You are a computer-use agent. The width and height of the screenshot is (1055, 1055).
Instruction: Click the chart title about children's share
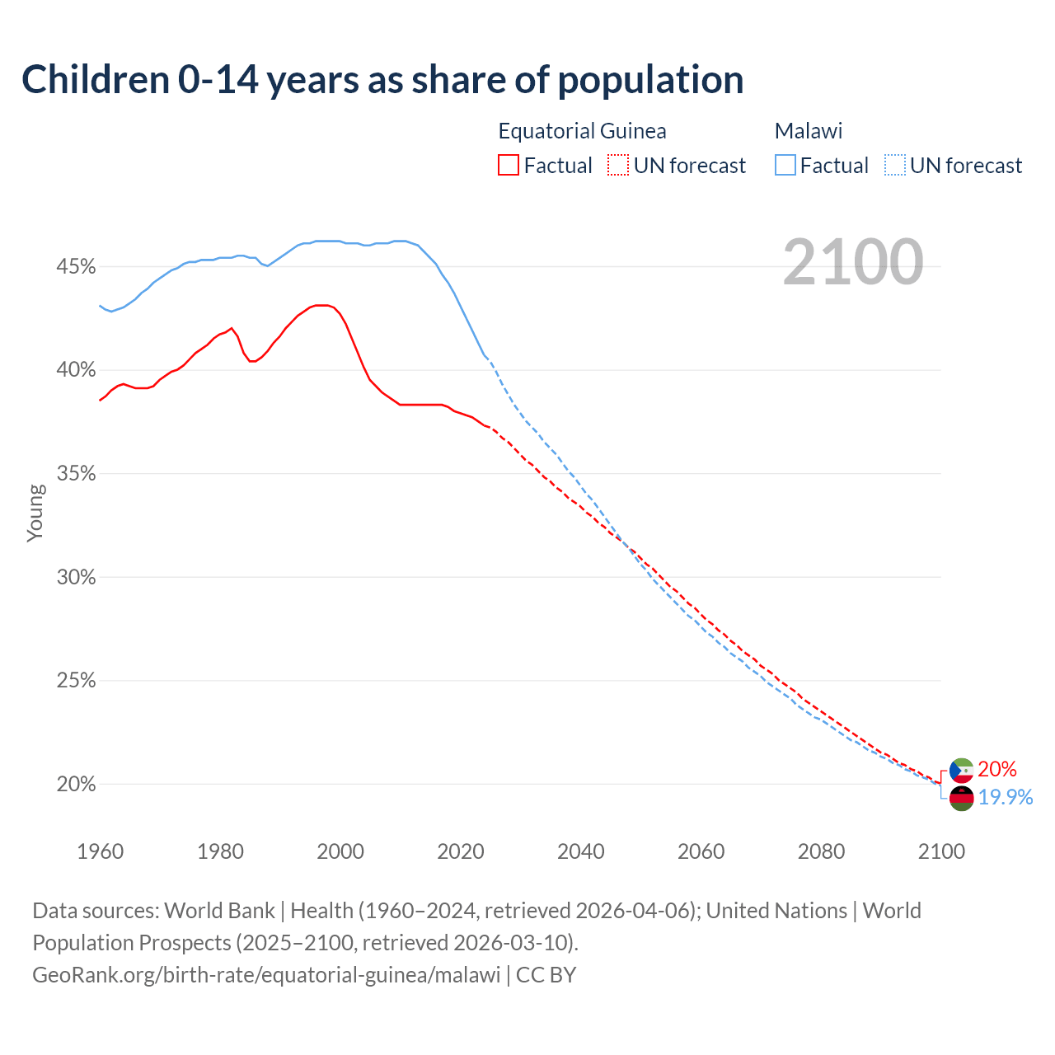click(x=382, y=80)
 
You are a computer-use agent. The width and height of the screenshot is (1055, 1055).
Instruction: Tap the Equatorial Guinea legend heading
click(x=582, y=131)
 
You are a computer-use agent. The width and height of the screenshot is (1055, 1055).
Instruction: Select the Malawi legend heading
click(x=808, y=131)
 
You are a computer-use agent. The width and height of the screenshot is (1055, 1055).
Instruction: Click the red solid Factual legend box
click(x=509, y=165)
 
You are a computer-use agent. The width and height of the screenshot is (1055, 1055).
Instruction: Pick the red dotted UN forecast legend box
click(x=618, y=165)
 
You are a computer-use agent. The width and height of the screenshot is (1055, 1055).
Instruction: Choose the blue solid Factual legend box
click(x=785, y=165)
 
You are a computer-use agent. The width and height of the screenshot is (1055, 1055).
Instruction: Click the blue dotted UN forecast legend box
click(x=895, y=165)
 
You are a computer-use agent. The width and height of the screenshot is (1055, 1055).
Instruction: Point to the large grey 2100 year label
click(x=853, y=262)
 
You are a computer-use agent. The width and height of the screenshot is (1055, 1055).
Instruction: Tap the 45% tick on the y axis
click(x=76, y=267)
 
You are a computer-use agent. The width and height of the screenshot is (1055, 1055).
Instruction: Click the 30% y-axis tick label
click(x=76, y=577)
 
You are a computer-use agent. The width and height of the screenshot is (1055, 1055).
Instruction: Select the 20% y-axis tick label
click(x=76, y=784)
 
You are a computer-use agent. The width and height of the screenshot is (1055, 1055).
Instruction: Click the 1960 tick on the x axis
click(x=100, y=851)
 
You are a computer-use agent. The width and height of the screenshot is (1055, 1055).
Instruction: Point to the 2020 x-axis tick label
click(x=461, y=851)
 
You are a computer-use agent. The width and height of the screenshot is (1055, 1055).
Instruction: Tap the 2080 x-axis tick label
click(x=821, y=851)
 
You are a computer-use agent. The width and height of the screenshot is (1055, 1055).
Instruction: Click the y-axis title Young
click(x=35, y=513)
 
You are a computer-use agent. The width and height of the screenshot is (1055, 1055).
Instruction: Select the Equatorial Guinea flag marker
click(x=961, y=771)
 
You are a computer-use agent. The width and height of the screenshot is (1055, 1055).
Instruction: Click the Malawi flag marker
click(x=961, y=798)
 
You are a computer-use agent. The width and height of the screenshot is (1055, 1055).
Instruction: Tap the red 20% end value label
click(x=997, y=769)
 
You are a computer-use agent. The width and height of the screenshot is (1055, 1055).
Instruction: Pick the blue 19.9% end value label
click(x=1006, y=797)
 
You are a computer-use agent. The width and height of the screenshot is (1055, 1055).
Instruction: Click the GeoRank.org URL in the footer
click(x=266, y=974)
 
